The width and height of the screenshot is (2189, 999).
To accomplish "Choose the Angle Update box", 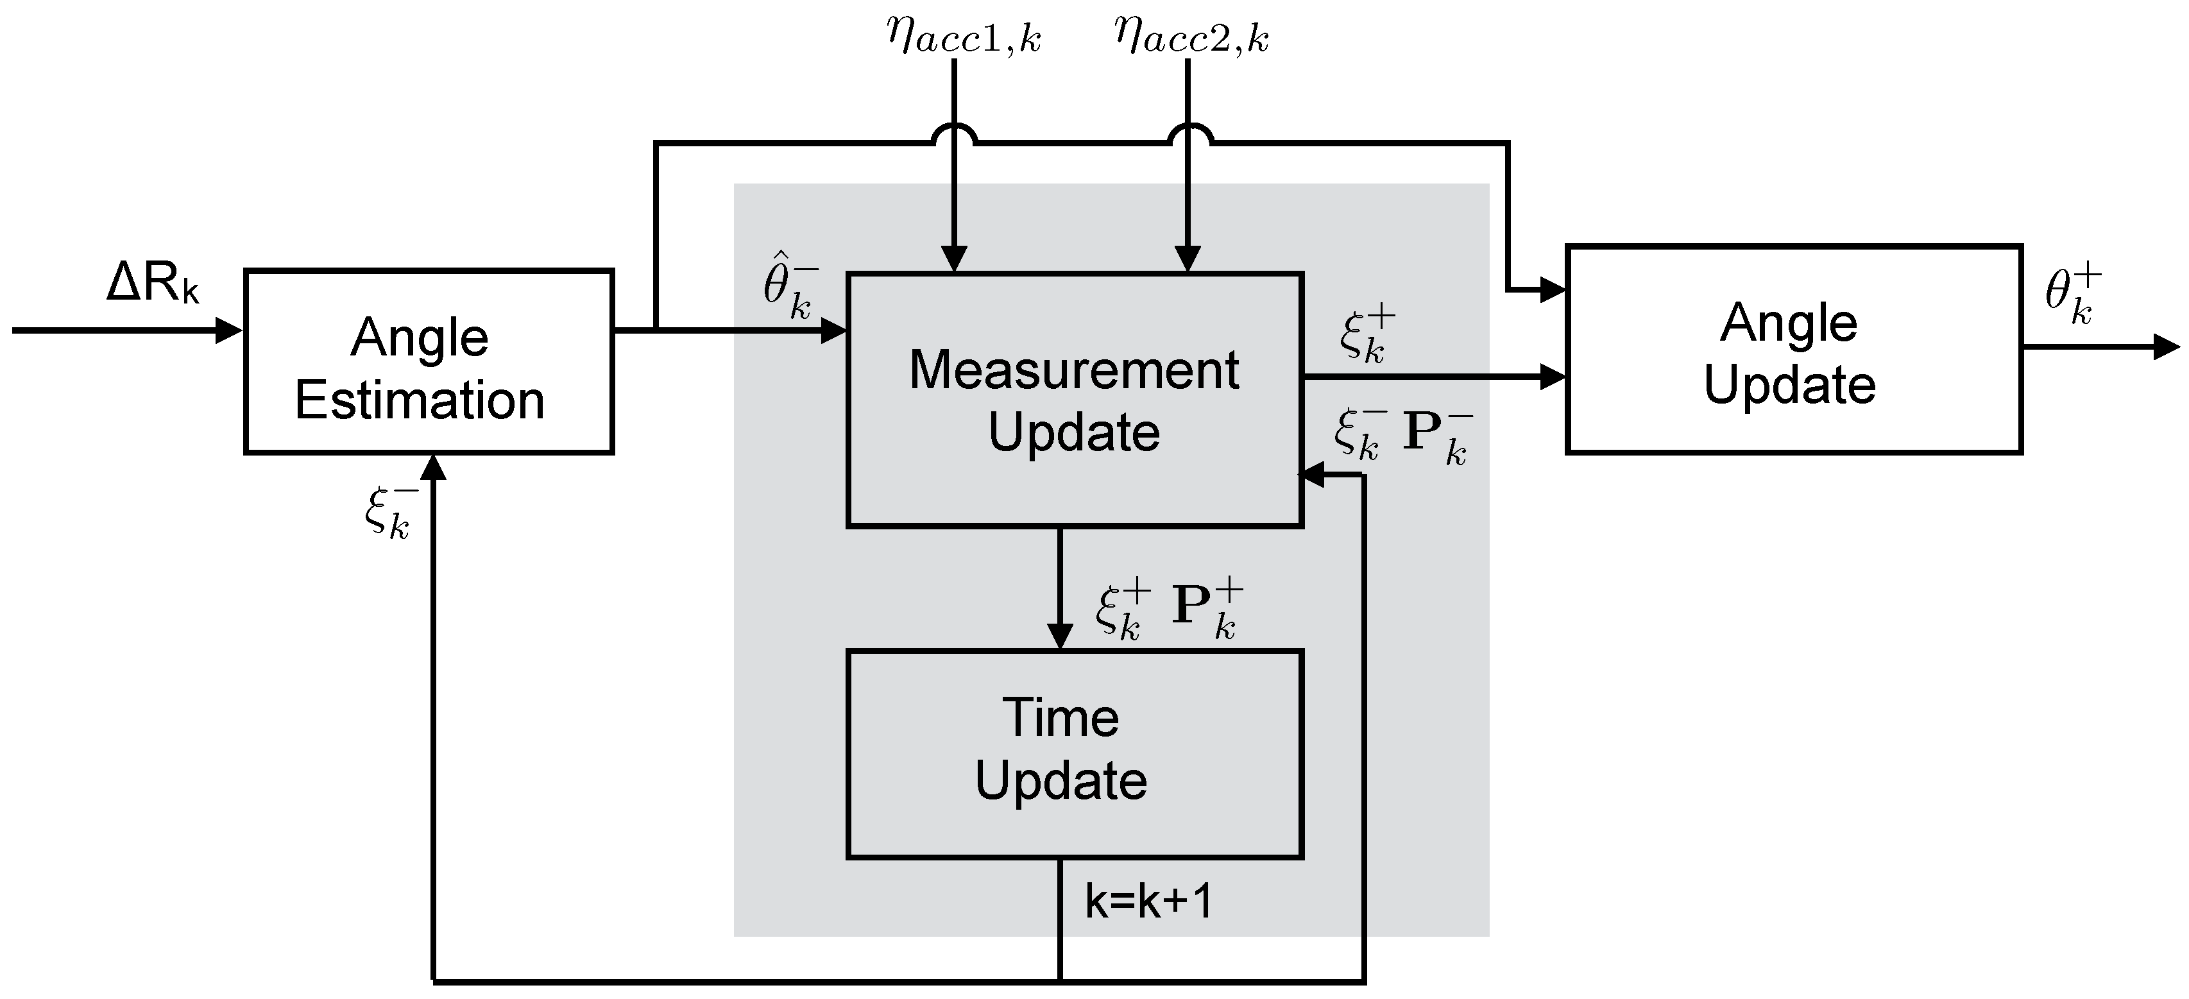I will (x=1793, y=349).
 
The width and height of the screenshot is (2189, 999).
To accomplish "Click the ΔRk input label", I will (x=153, y=283).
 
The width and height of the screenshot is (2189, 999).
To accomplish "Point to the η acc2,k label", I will (x=1192, y=37).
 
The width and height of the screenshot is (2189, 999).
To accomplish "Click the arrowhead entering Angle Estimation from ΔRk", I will (x=230, y=330).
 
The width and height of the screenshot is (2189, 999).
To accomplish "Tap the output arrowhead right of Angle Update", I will (x=2167, y=348).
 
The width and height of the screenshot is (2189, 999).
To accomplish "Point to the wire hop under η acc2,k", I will (x=1189, y=134).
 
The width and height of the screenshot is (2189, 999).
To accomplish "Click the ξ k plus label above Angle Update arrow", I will (x=1367, y=335).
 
